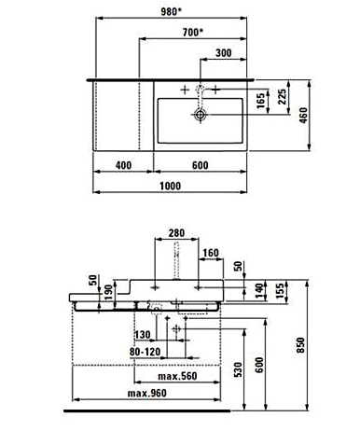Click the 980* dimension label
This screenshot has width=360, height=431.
click(x=171, y=12)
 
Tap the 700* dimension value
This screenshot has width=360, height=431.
click(x=193, y=32)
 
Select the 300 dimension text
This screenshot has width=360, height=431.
click(x=224, y=53)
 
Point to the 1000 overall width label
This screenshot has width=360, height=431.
click(x=170, y=186)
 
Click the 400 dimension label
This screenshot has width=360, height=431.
click(x=123, y=165)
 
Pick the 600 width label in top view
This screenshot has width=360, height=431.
click(x=200, y=165)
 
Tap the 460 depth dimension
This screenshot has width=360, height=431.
click(x=303, y=115)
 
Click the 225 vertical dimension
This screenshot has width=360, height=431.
click(x=282, y=97)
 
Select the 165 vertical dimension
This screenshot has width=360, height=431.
click(x=261, y=101)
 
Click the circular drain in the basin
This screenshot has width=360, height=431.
click(x=201, y=115)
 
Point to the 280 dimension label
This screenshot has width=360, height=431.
click(x=176, y=233)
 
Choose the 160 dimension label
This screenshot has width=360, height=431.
click(x=211, y=253)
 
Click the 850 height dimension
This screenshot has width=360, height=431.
click(x=301, y=345)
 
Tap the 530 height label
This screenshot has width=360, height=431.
click(x=238, y=369)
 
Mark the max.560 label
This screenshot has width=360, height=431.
click(x=177, y=376)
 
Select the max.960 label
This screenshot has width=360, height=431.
click(x=147, y=394)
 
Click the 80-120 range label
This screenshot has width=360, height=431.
click(x=145, y=352)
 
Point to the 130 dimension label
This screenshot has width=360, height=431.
click(x=143, y=335)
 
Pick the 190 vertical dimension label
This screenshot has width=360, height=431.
click(x=108, y=292)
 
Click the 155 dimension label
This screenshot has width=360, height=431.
click(x=280, y=291)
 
